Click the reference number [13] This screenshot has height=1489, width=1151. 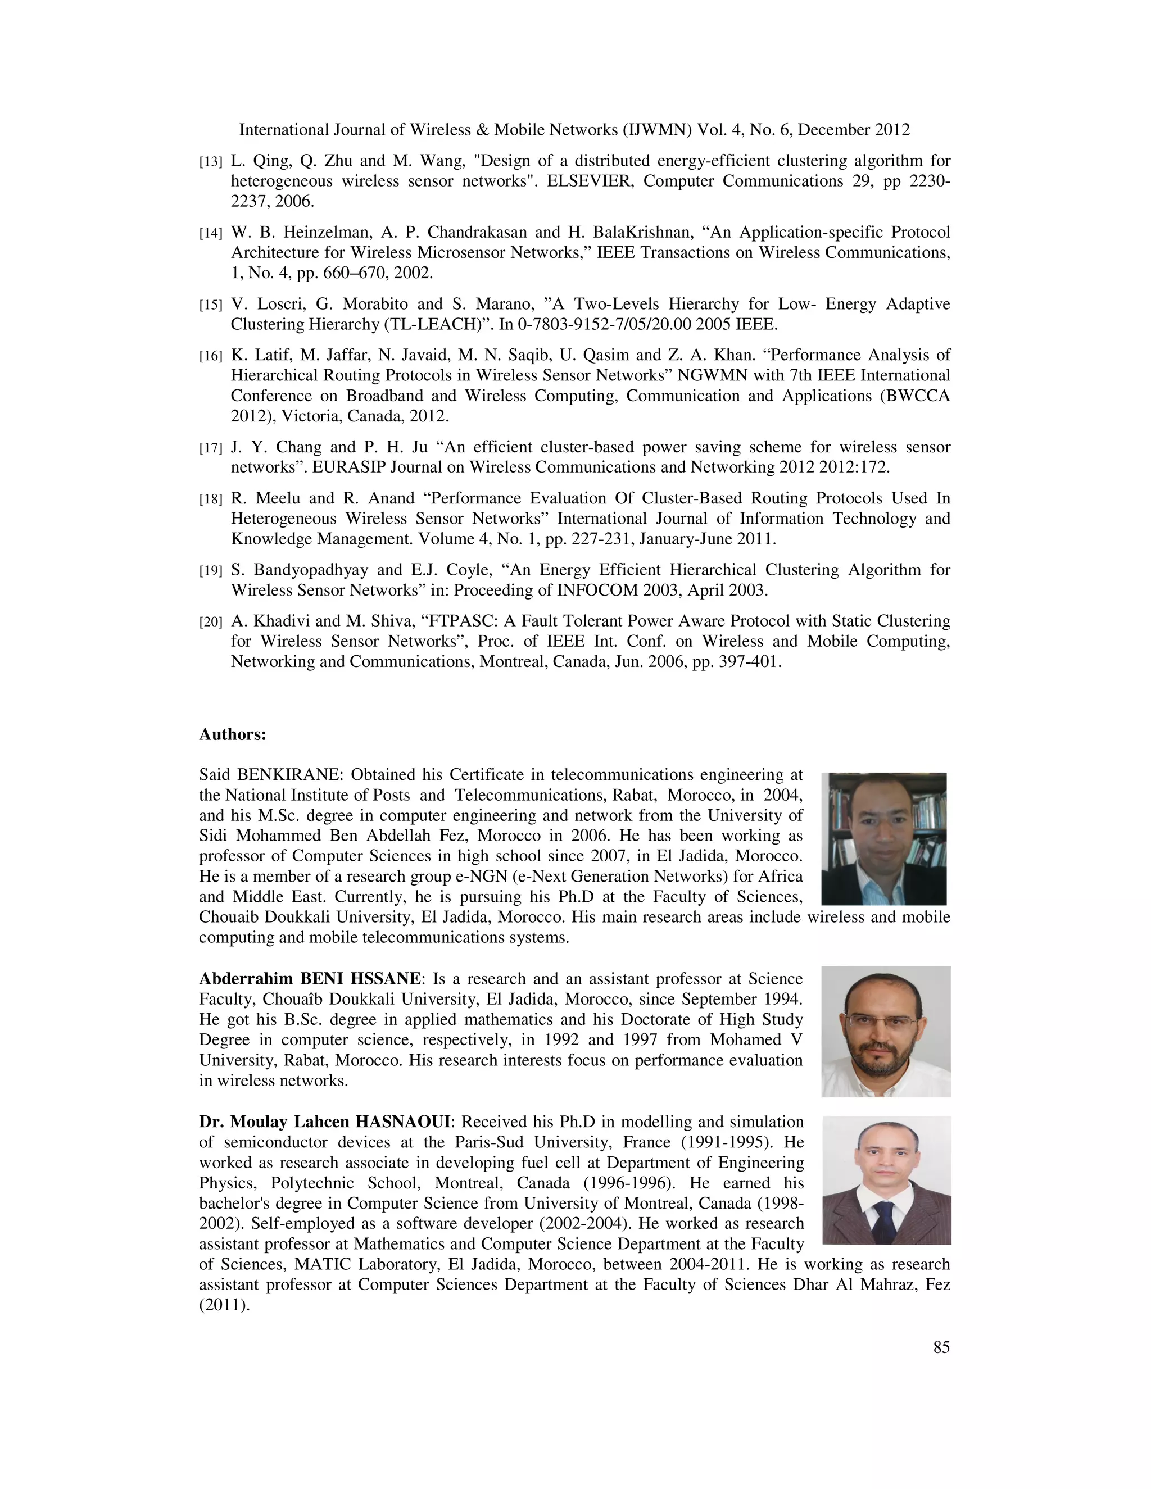pos(211,162)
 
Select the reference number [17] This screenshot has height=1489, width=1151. pos(211,448)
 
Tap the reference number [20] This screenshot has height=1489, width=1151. pos(211,623)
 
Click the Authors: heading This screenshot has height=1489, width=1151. pos(233,735)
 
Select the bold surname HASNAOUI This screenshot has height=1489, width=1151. pos(393,1122)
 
